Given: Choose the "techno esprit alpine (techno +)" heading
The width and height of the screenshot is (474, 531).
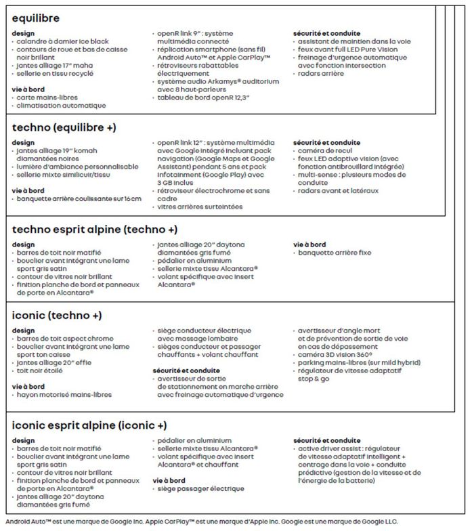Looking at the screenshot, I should point(95,229).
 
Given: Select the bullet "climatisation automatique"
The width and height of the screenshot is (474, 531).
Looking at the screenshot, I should point(61,106).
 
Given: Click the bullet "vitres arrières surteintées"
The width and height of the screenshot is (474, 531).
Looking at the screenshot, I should point(200,207).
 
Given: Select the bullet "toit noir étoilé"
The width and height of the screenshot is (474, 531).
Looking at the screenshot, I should point(42,370).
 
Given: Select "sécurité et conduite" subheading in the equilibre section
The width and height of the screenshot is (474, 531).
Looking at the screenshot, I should point(326,34).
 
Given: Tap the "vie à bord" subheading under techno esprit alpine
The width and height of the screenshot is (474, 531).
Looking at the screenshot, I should point(309,245).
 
